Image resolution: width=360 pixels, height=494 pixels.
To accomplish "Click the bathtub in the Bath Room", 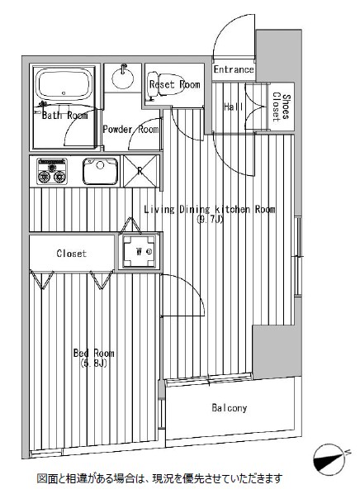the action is [64, 83].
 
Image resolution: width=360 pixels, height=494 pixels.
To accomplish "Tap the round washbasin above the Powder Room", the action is [122, 77].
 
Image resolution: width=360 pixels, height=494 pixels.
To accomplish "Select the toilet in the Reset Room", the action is [166, 84].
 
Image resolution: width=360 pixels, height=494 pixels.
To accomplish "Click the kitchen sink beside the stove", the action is [101, 171].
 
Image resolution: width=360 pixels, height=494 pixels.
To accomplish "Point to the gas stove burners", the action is [52, 171].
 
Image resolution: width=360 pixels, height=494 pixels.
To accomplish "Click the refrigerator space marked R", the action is [140, 171].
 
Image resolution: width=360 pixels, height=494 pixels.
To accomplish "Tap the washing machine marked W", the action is [140, 251].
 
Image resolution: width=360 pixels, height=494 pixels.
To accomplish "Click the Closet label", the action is [72, 254].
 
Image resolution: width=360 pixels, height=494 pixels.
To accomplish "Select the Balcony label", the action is [230, 408].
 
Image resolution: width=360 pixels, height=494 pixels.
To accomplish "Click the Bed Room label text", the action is [93, 353].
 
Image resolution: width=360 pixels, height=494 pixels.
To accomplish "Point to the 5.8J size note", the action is [94, 363].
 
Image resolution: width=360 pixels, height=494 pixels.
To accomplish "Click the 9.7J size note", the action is [210, 219].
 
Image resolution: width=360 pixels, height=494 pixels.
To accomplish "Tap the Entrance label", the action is [234, 69].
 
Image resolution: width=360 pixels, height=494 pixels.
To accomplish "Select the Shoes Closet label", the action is [281, 107].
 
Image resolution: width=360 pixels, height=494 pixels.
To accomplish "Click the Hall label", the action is [234, 107].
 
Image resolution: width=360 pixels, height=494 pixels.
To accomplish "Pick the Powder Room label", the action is [130, 129].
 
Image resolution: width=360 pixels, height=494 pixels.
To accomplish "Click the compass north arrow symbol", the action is [329, 459].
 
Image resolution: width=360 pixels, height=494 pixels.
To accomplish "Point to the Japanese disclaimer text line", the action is [159, 479].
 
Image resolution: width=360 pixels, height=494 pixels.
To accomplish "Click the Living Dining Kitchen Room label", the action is [210, 209].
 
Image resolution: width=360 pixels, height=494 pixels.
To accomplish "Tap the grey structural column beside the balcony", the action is [273, 351].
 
